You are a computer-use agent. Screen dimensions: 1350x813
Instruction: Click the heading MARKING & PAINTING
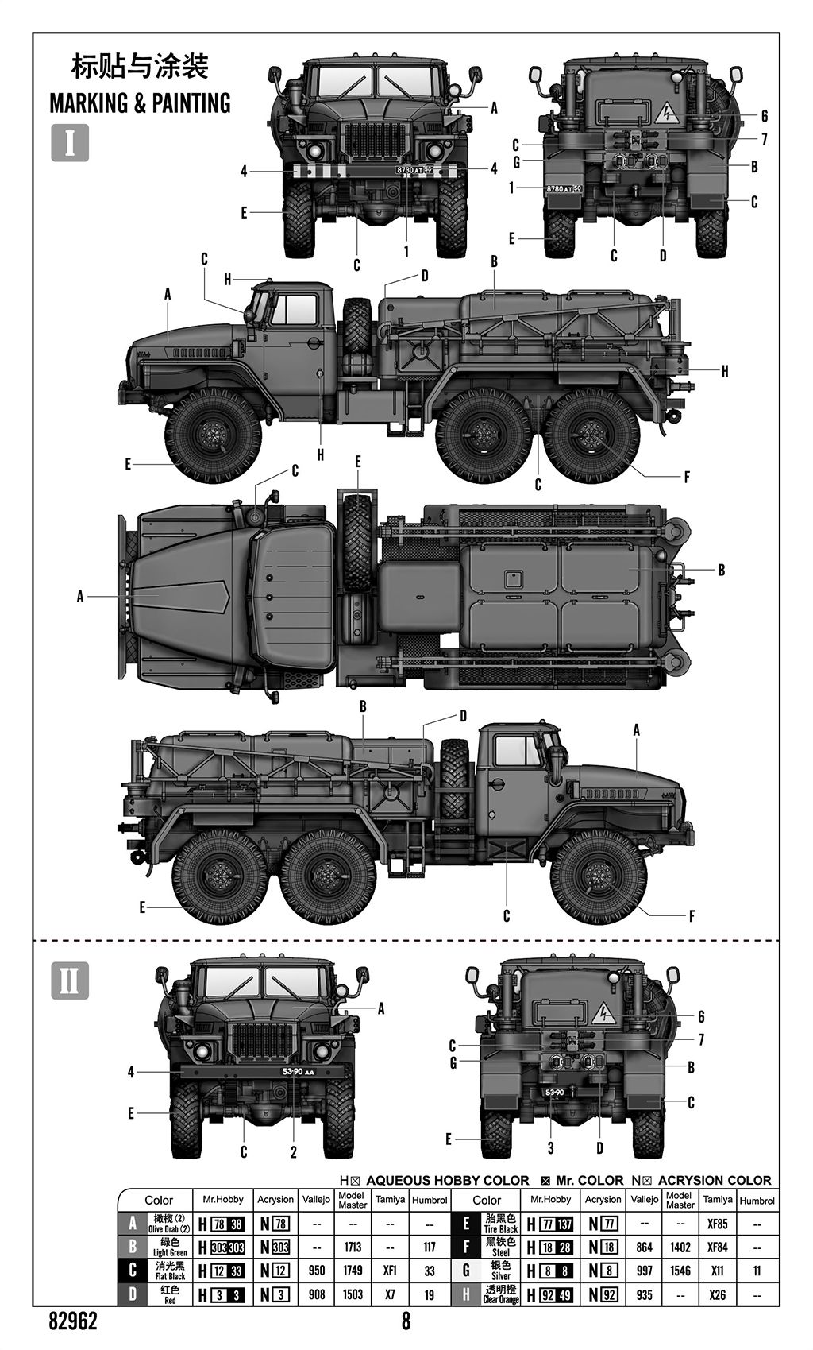140,103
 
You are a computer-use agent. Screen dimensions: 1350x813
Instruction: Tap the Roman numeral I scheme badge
70,143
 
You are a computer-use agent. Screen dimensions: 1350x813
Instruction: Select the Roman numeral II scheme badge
70,981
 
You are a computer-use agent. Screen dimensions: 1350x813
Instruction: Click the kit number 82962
73,1321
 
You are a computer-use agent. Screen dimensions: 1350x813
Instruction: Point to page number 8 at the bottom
406,1321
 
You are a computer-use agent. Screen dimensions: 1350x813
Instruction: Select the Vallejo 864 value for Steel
644,1247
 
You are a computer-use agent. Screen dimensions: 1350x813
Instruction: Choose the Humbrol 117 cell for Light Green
430,1247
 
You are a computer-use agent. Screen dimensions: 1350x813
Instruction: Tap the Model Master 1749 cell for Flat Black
353,1271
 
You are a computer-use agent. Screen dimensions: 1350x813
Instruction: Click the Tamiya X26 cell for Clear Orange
717,1294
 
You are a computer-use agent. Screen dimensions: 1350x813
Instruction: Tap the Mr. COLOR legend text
589,1181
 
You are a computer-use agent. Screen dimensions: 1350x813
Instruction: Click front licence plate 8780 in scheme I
414,170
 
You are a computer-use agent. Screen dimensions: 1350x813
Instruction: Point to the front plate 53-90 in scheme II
298,1072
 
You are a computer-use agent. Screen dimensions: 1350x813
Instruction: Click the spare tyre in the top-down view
357,542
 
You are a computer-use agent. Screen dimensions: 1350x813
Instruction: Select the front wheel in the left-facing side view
213,435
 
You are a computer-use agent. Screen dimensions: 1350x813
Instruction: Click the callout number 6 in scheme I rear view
765,116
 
